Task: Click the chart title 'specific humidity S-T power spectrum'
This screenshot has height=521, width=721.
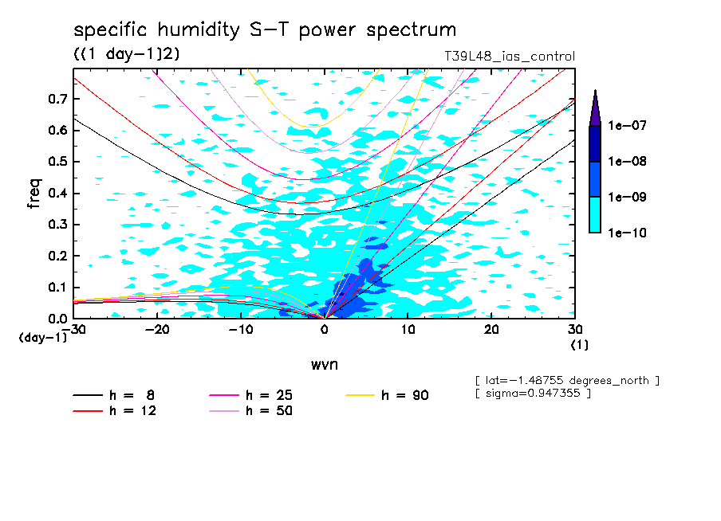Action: pyautogui.click(x=265, y=30)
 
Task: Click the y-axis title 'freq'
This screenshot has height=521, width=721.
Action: pyautogui.click(x=34, y=194)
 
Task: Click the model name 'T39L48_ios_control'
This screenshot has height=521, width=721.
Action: pyautogui.click(x=509, y=57)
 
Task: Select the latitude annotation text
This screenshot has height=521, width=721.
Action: pyautogui.click(x=567, y=380)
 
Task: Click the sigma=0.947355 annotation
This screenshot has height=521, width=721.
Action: pyautogui.click(x=533, y=394)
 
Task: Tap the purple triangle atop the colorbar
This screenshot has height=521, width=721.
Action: pyautogui.click(x=595, y=108)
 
